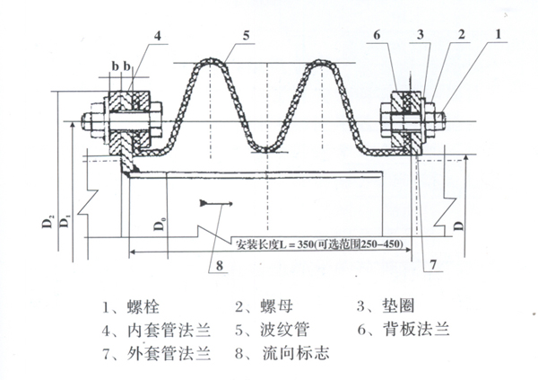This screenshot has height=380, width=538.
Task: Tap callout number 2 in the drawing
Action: pos(460,33)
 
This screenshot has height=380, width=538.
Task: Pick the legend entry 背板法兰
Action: pos(423,329)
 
